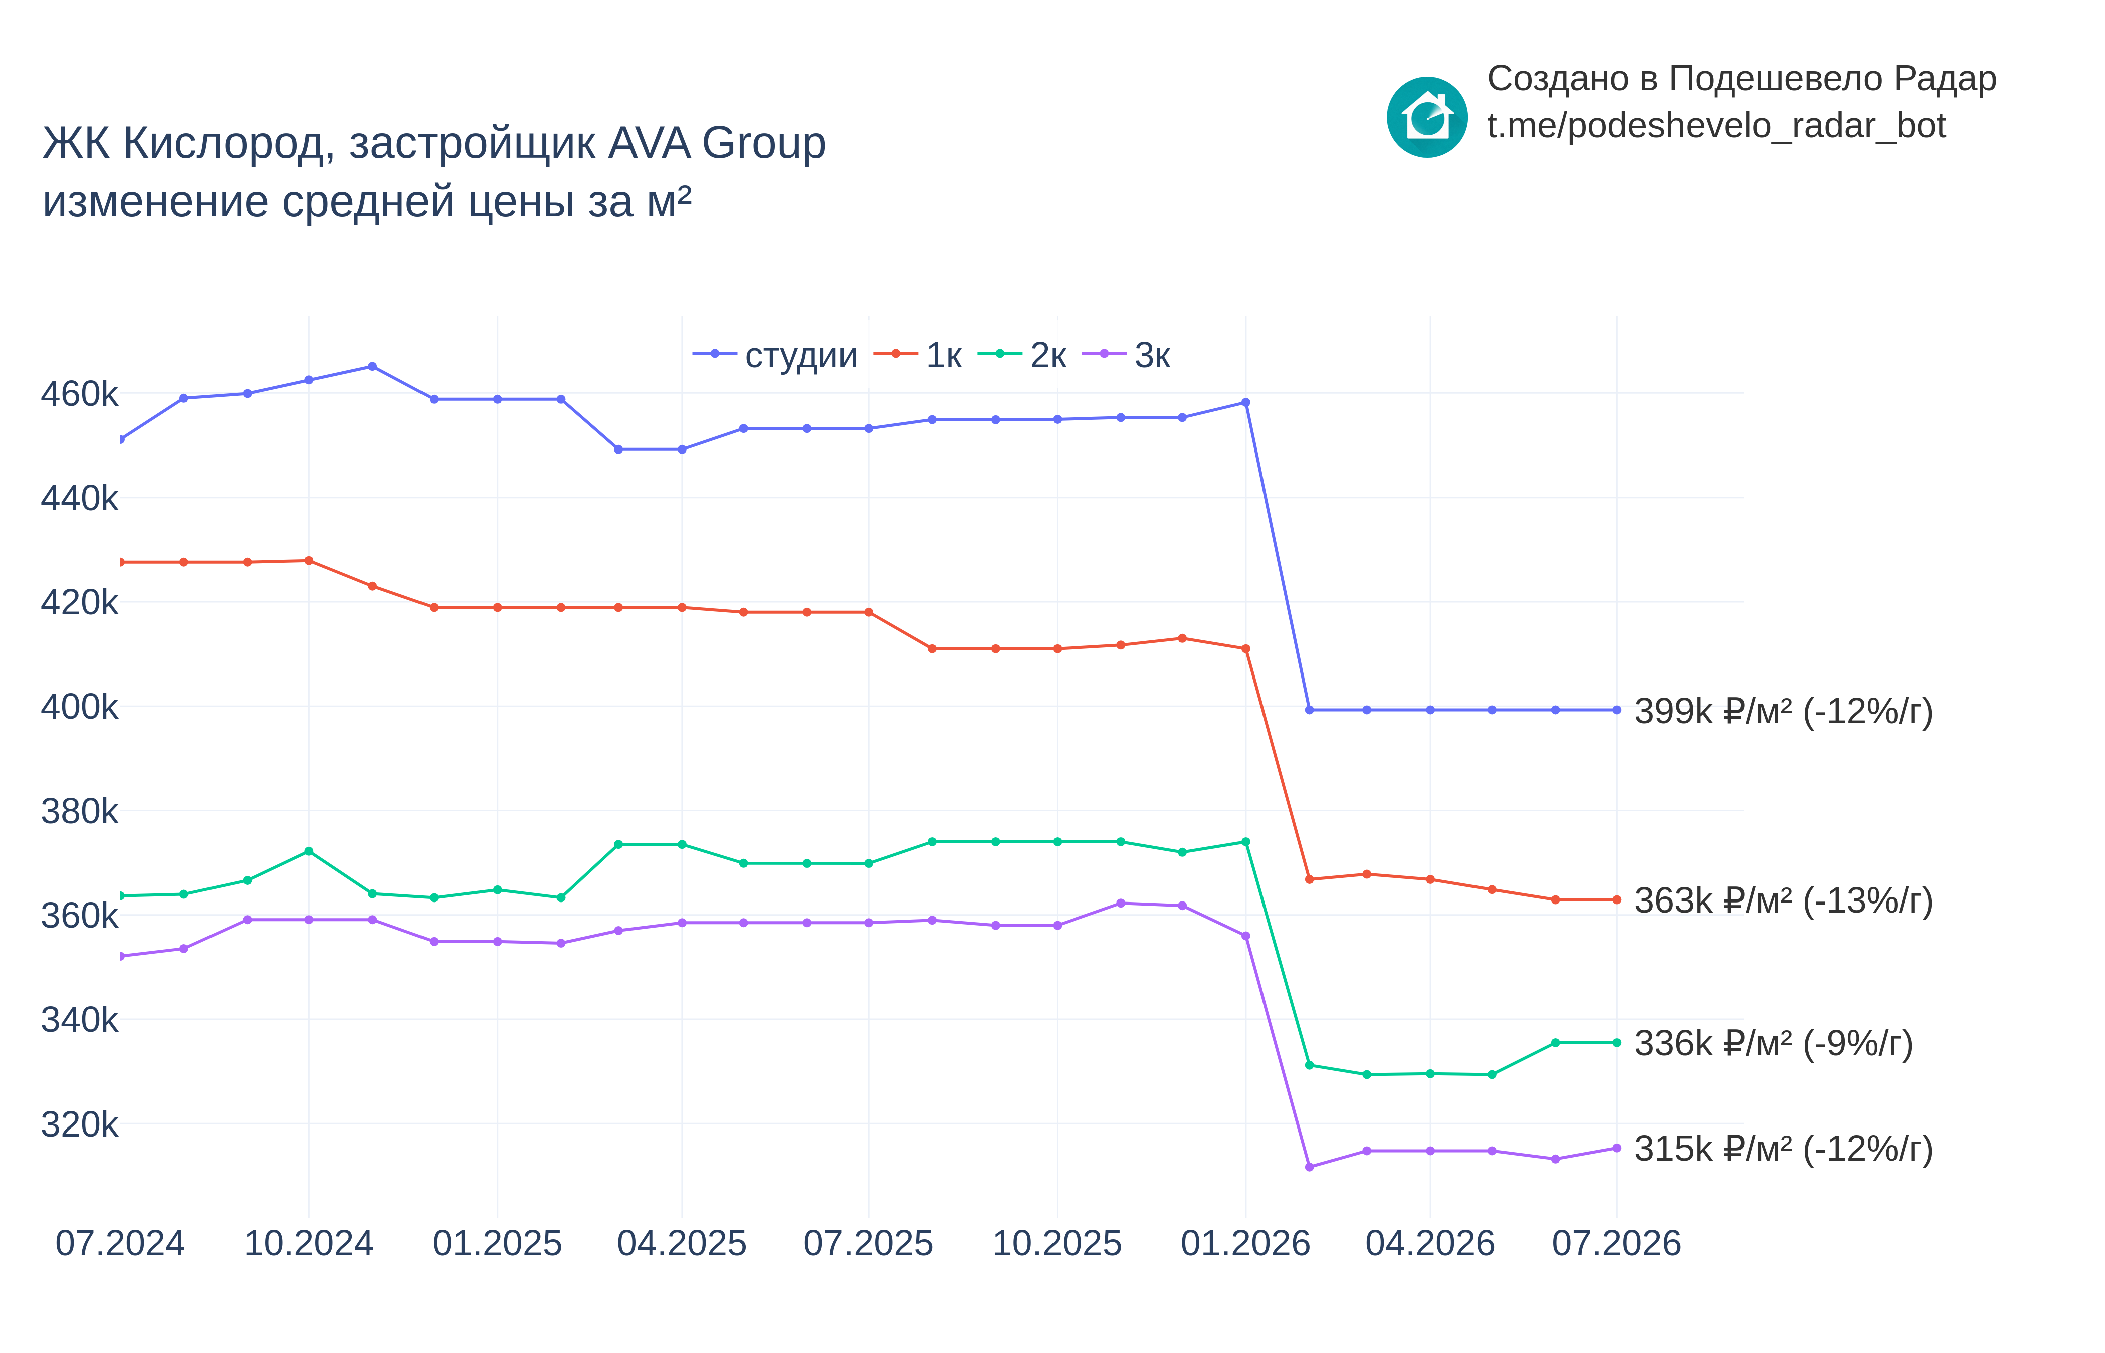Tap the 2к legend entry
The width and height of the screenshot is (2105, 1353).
[1022, 355]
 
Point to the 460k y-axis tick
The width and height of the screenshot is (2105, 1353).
[79, 394]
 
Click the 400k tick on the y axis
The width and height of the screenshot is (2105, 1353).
[79, 707]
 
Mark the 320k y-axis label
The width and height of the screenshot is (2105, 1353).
[79, 1123]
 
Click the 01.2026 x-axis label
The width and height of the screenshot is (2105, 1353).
[1245, 1243]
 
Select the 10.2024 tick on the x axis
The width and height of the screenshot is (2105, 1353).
[308, 1243]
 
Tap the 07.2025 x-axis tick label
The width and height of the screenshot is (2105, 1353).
[868, 1243]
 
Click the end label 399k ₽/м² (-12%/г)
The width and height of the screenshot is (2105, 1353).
[1783, 711]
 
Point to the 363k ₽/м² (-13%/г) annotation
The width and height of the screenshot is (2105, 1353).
[1783, 900]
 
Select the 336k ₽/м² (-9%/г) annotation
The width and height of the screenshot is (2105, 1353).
[1773, 1044]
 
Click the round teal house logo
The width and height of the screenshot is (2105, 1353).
[1427, 117]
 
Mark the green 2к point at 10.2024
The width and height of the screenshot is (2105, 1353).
[308, 851]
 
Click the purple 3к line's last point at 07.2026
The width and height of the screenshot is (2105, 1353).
[1616, 1148]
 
